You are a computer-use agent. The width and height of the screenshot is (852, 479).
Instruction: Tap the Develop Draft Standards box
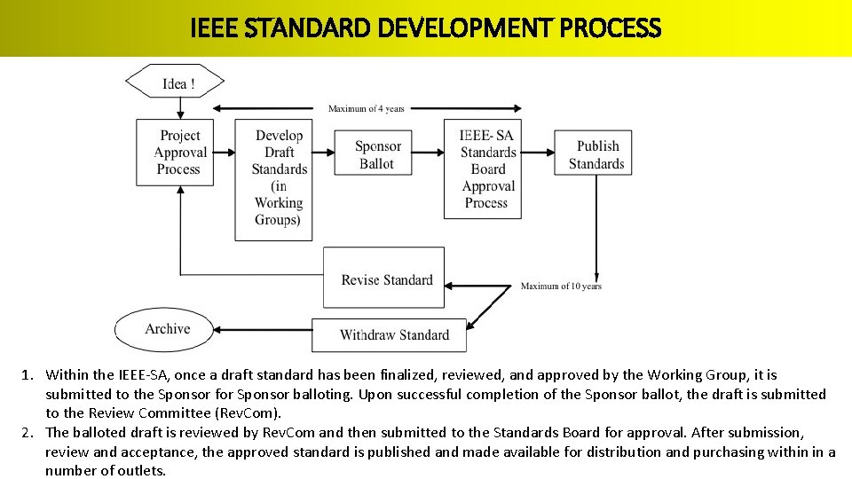(273, 179)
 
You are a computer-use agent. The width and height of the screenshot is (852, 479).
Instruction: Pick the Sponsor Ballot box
(377, 153)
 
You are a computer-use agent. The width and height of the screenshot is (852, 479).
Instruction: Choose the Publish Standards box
(593, 153)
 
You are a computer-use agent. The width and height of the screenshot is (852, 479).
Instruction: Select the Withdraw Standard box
(389, 335)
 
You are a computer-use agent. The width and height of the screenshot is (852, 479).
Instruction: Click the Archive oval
(165, 329)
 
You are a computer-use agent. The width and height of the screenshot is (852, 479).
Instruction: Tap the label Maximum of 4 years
(366, 109)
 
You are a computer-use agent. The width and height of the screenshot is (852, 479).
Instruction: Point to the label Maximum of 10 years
(561, 287)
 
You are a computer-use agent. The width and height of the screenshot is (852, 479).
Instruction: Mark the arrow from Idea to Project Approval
(181, 108)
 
